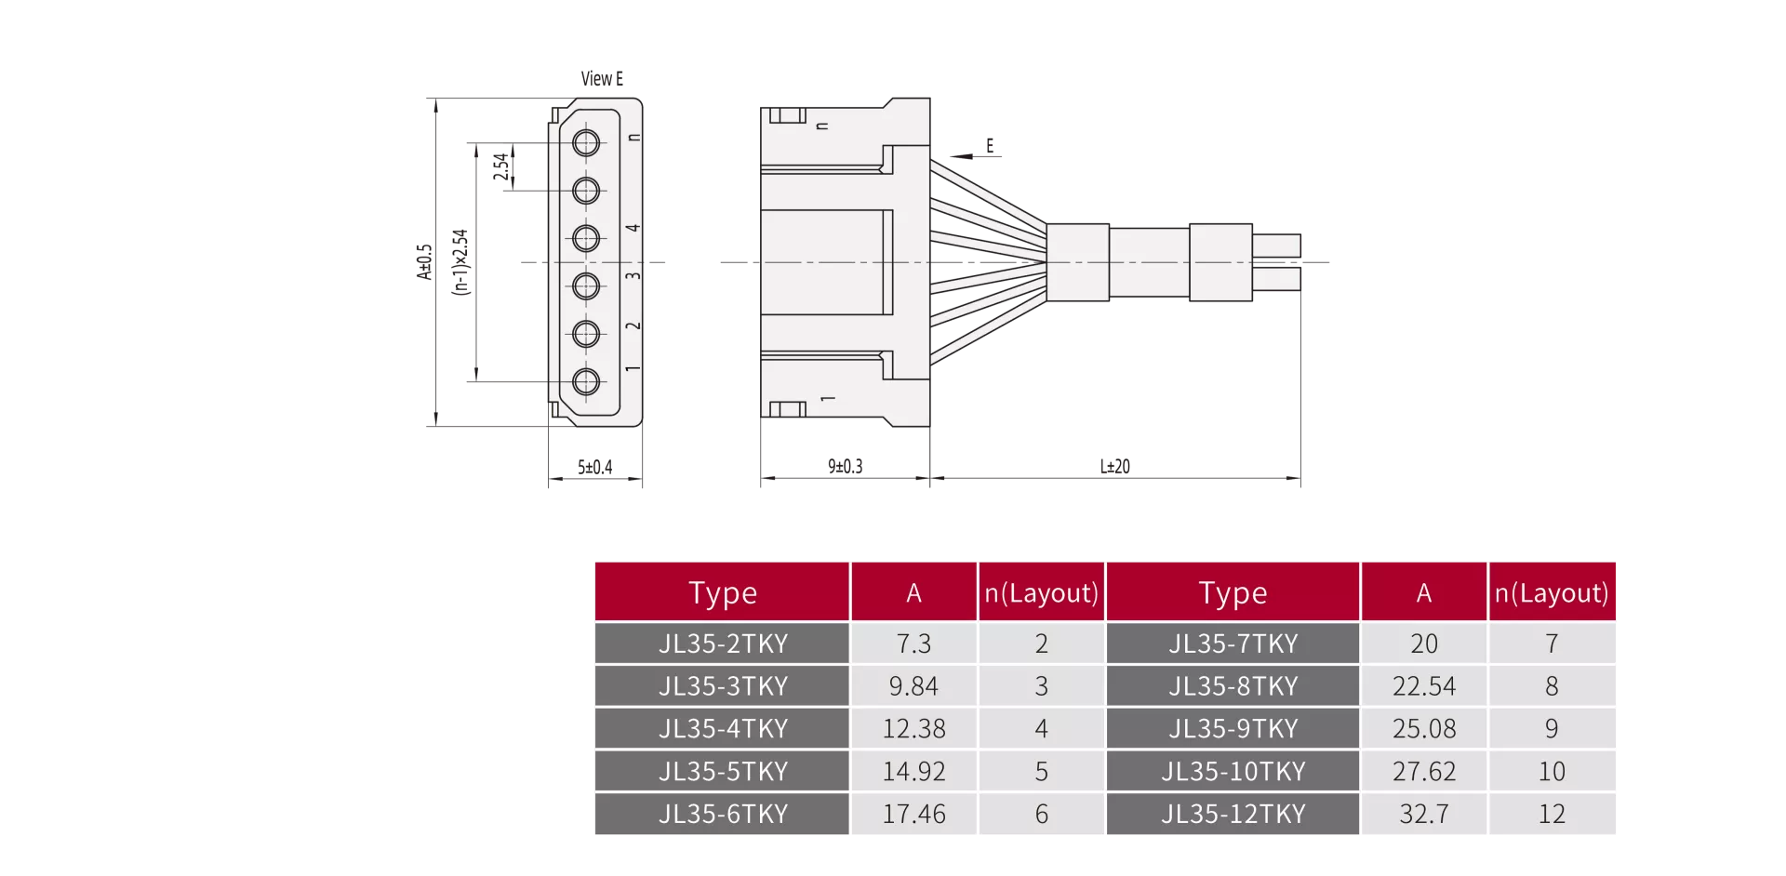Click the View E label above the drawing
point(602,79)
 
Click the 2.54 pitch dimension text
point(501,166)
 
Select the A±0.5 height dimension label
point(424,262)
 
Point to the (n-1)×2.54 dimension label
point(460,262)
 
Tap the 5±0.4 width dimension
point(594,467)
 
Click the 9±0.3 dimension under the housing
point(845,466)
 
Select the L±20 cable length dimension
point(1114,466)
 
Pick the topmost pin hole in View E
point(586,143)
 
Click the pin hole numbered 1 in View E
point(586,381)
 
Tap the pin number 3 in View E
point(633,276)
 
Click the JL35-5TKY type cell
point(723,771)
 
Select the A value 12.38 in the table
point(913,728)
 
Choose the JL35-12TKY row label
point(1233,814)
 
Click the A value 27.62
point(1424,771)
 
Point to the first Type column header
point(723,592)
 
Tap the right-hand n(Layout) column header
point(1552,592)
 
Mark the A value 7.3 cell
point(913,643)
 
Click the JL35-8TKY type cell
point(1233,685)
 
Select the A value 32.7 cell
point(1424,814)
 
